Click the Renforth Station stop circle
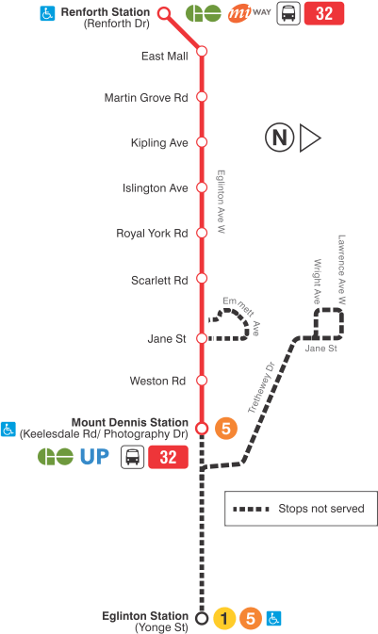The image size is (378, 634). (x=164, y=13)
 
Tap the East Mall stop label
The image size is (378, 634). (x=165, y=56)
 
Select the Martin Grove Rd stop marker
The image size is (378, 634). (x=201, y=98)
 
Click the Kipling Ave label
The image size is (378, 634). (x=160, y=143)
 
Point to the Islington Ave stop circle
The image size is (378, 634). (x=201, y=187)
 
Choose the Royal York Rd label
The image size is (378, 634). (x=153, y=233)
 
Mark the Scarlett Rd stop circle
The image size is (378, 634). (x=201, y=280)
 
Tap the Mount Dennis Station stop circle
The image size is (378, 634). (x=201, y=429)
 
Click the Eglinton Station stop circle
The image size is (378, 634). (x=201, y=618)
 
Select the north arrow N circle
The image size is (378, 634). (x=278, y=138)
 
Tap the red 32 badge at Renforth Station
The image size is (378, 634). (x=323, y=14)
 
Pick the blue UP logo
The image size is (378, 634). (x=93, y=458)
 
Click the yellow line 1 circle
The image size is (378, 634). (x=223, y=619)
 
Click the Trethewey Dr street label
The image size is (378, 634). (x=260, y=388)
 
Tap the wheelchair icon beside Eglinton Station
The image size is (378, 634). (x=274, y=619)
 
